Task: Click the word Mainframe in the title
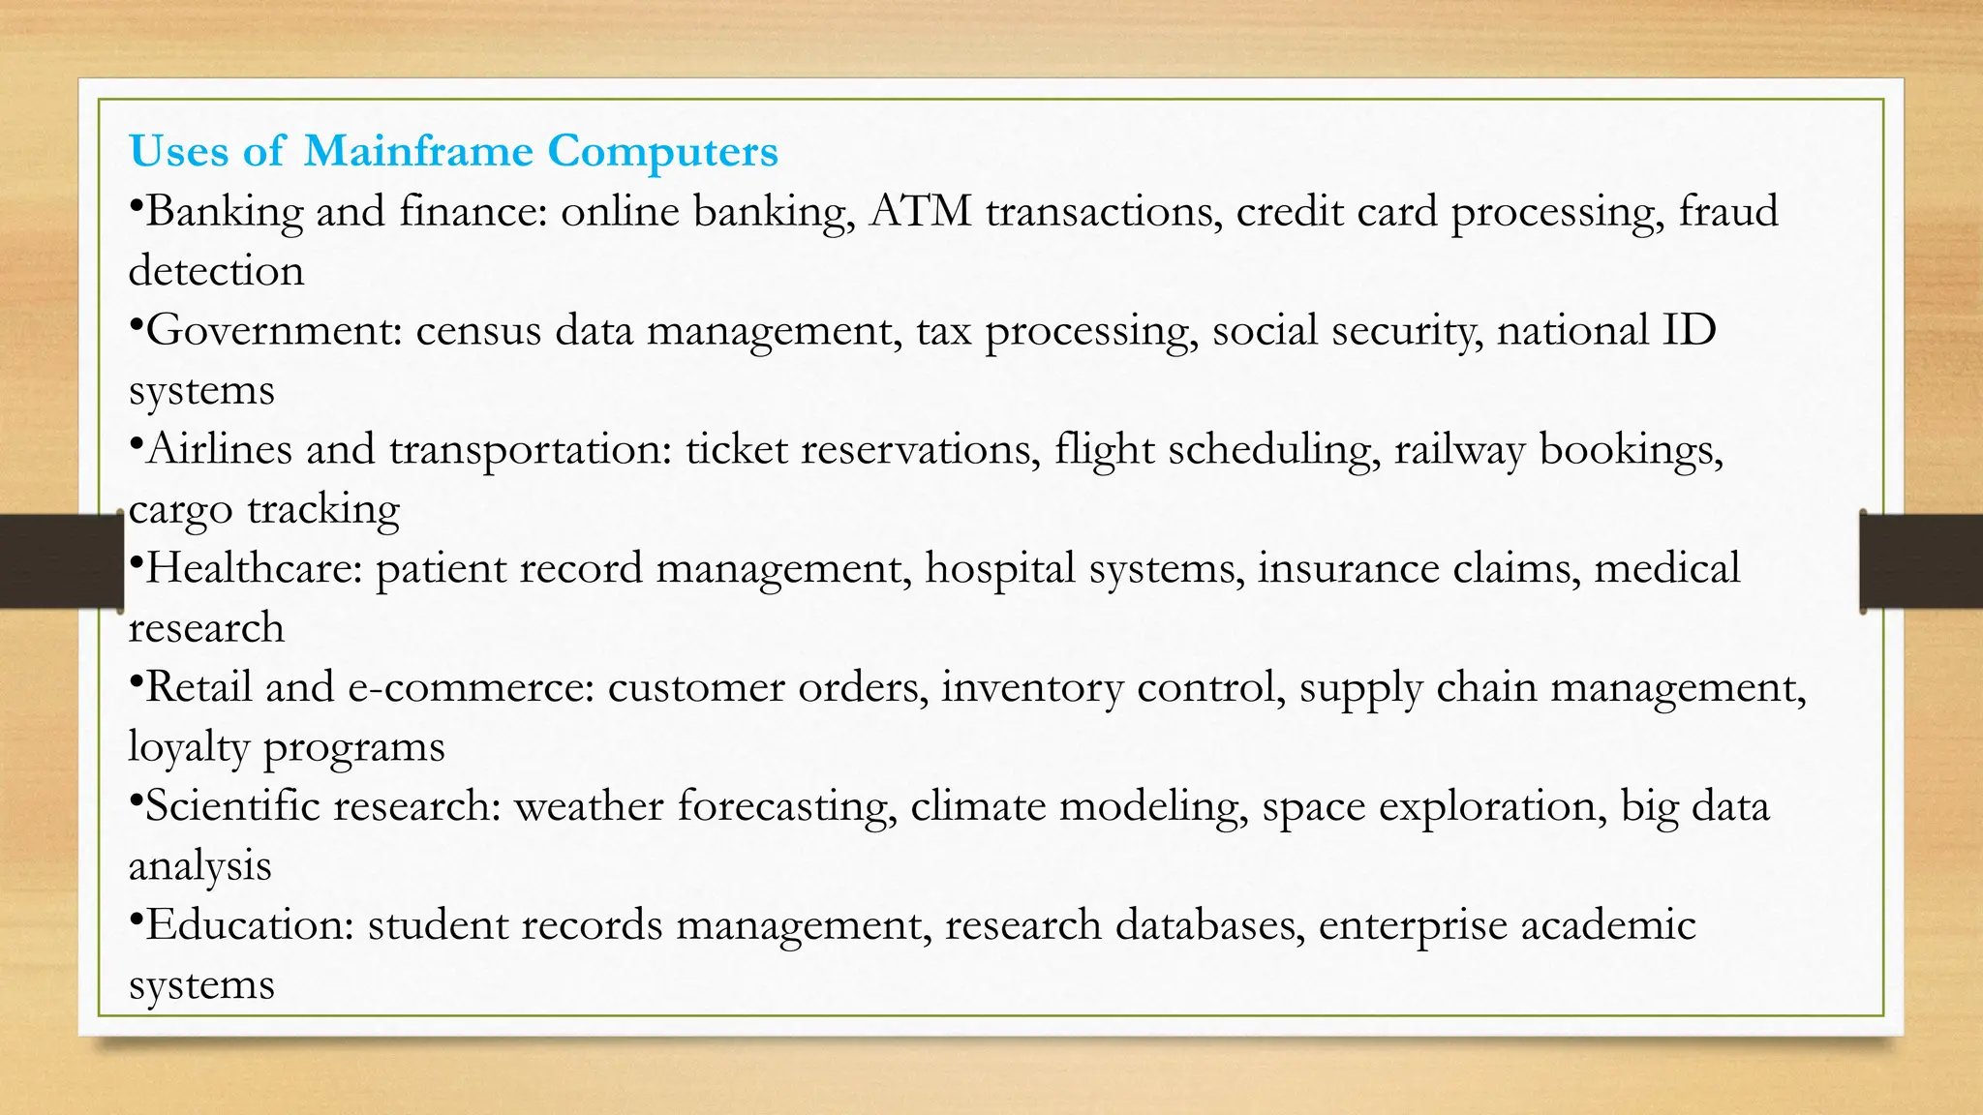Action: pyautogui.click(x=417, y=151)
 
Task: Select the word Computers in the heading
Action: pyautogui.click(x=662, y=151)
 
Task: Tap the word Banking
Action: pyautogui.click(x=225, y=212)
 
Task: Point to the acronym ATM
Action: pyautogui.click(x=920, y=211)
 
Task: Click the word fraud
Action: pyautogui.click(x=1728, y=211)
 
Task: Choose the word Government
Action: pyautogui.click(x=274, y=330)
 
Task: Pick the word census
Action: pyautogui.click(x=478, y=330)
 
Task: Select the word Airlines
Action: pyautogui.click(x=219, y=449)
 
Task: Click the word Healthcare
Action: pyautogui.click(x=254, y=568)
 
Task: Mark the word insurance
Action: pyautogui.click(x=1348, y=568)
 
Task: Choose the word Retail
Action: pyautogui.click(x=198, y=687)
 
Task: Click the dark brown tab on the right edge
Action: pyautogui.click(x=1922, y=561)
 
